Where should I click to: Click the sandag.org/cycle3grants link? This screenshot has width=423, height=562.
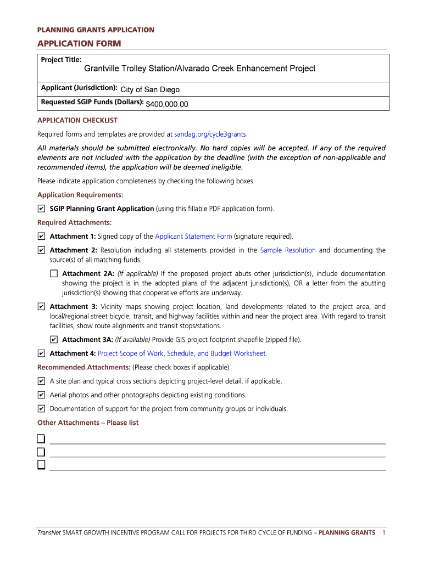(x=210, y=134)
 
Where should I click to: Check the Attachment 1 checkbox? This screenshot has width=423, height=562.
(x=42, y=237)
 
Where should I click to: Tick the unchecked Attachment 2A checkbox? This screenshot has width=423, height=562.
(x=53, y=273)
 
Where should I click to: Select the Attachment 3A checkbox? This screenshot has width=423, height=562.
(x=53, y=340)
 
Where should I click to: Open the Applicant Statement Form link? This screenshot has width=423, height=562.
(x=193, y=237)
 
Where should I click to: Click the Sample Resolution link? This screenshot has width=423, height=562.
(x=288, y=250)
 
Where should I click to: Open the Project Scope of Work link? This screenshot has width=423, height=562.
(x=182, y=353)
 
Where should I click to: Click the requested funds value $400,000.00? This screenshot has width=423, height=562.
(x=167, y=104)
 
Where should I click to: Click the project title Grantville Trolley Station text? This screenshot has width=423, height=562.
(x=199, y=69)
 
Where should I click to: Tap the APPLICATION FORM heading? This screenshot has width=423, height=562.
(x=79, y=43)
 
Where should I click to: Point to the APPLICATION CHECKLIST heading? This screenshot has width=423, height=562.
(x=77, y=120)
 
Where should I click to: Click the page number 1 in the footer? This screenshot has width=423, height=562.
(x=383, y=532)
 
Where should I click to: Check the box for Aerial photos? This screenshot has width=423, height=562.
(x=42, y=395)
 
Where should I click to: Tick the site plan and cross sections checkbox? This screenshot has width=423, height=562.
(x=42, y=381)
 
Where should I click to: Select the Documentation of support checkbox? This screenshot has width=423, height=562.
(x=42, y=409)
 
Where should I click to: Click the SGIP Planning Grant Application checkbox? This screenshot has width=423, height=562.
(x=42, y=209)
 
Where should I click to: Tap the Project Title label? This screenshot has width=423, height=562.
(x=61, y=59)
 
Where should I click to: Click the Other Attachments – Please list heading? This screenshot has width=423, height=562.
(x=87, y=423)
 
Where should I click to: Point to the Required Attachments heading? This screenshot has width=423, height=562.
(x=74, y=222)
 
